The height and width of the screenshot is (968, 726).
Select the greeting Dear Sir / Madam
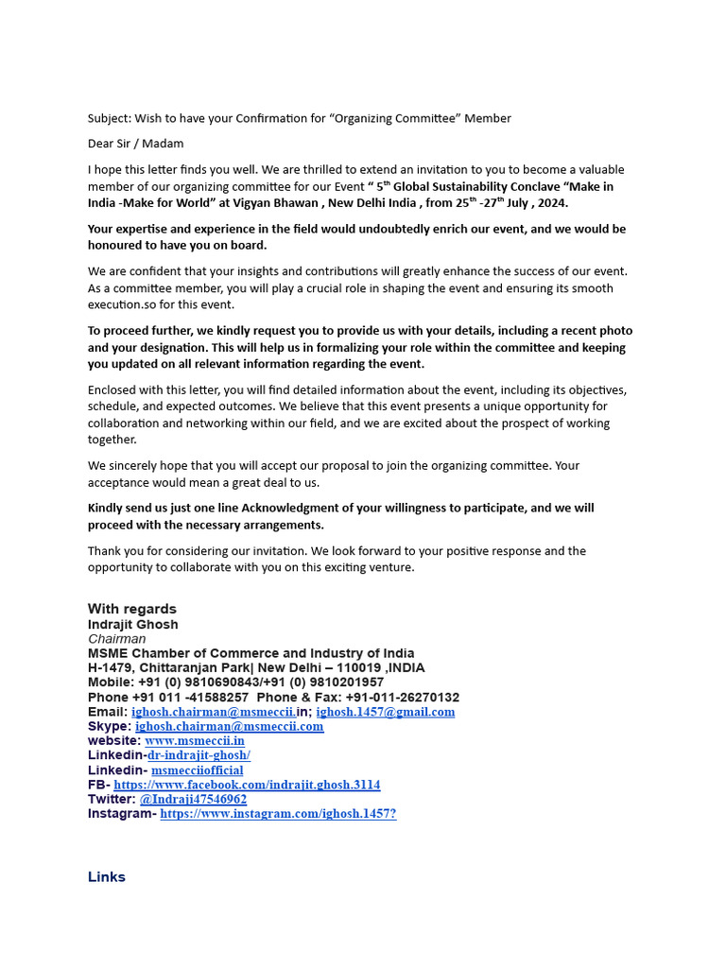[135, 144]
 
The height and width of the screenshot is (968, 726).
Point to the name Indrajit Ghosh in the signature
[132, 624]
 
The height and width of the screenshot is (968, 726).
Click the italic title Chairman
[116, 639]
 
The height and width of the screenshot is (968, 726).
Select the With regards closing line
[132, 609]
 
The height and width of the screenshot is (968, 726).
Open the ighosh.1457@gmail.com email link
[385, 712]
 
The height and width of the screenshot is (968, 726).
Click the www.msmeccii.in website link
[194, 741]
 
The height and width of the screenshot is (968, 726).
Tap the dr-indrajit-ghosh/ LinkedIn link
[199, 755]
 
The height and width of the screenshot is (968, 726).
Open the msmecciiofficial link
[197, 770]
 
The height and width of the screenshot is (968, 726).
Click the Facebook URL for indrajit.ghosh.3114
[247, 785]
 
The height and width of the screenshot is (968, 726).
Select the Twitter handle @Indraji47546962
[193, 799]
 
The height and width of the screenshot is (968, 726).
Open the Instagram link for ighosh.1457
[278, 813]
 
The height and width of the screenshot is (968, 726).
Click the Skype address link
[229, 726]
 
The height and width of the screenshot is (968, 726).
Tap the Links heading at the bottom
[106, 877]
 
